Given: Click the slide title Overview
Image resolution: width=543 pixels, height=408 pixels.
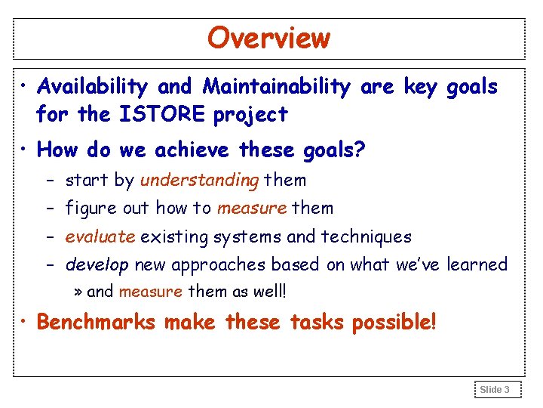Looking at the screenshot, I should tap(268, 38).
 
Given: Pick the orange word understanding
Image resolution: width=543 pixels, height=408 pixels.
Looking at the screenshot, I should tap(199, 180).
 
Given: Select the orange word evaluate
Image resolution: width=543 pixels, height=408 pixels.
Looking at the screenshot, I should tap(100, 236).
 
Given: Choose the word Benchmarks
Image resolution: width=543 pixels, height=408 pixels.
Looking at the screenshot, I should tap(96, 323).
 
